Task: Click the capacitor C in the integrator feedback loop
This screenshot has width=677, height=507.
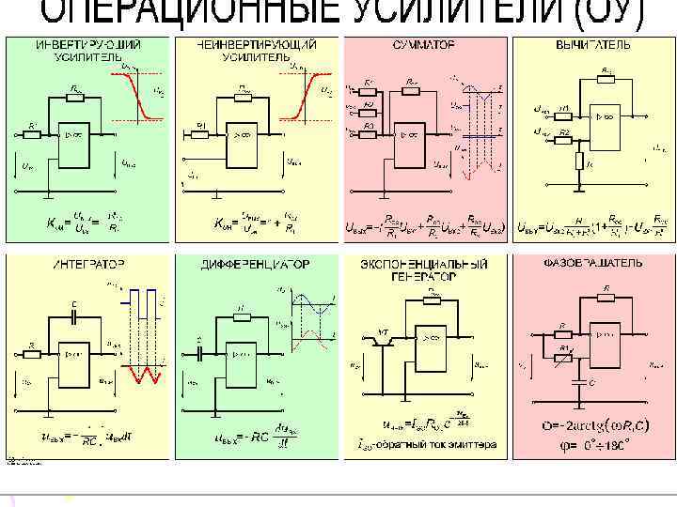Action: (x=73, y=316)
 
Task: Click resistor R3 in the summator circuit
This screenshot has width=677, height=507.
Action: (x=370, y=132)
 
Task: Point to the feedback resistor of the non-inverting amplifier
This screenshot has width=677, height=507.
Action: (x=243, y=97)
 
